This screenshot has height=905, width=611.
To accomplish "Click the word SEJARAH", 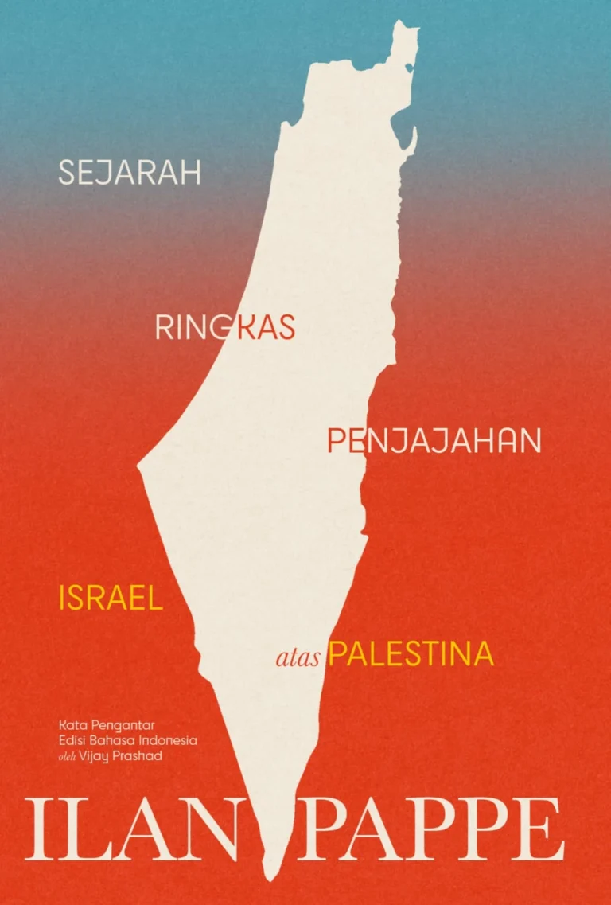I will (130, 173).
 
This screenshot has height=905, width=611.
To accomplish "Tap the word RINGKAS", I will (225, 327).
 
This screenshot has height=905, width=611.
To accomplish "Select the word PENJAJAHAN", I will (434, 441).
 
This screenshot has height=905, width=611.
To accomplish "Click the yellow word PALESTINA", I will (411, 655).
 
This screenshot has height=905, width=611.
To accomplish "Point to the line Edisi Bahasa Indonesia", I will (127, 740).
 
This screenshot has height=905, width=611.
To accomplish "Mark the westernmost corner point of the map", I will (138, 466).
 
